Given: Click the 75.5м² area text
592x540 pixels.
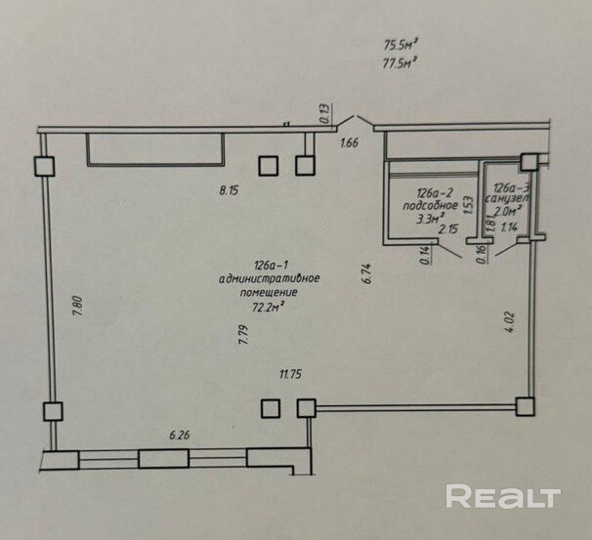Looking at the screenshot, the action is pos(401,44).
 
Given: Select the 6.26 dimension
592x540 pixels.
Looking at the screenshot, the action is pos(179,436).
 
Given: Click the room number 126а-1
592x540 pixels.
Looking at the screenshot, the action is pos(269,266).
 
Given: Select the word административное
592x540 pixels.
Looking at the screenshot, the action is pos(270,279).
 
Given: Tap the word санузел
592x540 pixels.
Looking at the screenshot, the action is pos(511,198).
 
